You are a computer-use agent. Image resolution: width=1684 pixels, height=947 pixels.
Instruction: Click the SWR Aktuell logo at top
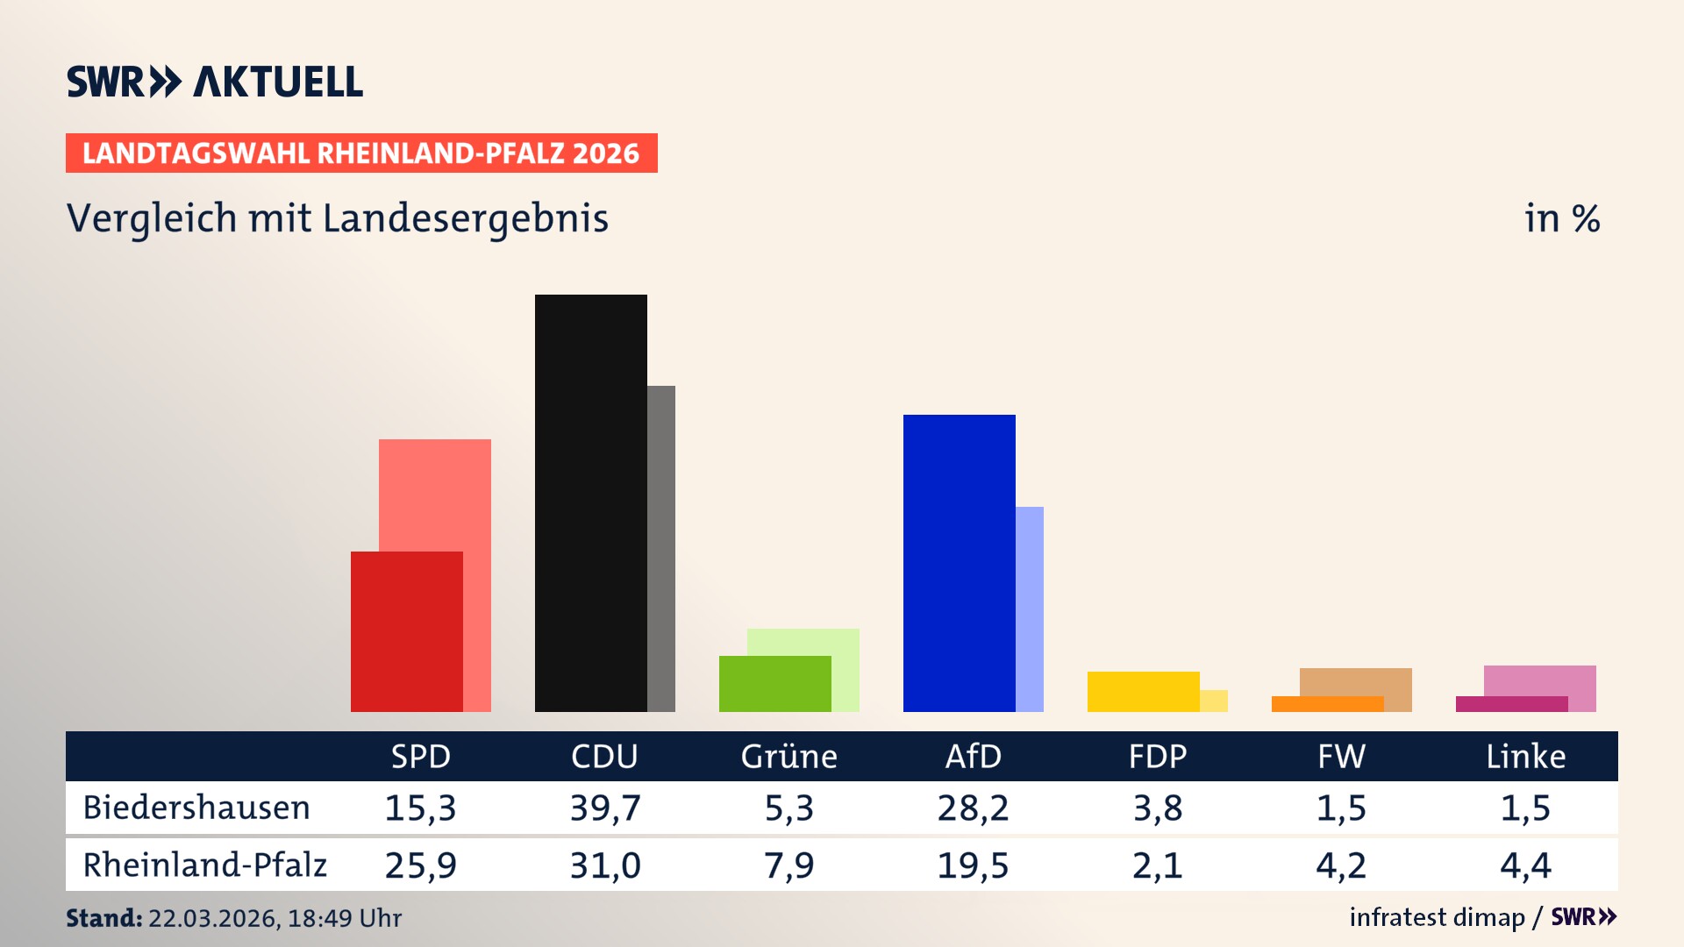tap(214, 82)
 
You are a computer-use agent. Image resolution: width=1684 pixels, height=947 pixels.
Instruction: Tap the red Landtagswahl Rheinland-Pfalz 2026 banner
tap(361, 153)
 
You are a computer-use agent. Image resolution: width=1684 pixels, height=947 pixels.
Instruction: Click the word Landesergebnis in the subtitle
tap(465, 218)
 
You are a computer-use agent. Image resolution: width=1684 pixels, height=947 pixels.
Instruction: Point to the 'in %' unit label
tap(1561, 218)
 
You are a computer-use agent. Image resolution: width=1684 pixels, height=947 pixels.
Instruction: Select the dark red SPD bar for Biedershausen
tap(406, 631)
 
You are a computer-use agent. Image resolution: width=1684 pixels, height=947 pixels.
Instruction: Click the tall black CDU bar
tap(590, 502)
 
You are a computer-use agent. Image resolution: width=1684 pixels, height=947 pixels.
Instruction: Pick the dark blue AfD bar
tap(959, 563)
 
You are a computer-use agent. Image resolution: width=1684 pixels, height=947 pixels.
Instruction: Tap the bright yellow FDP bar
tap(1143, 692)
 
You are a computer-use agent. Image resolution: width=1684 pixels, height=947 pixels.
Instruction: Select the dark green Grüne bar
tap(774, 684)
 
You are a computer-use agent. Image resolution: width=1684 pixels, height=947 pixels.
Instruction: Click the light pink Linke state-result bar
tap(1540, 680)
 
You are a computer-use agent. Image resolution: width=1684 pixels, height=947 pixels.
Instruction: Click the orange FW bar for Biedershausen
tap(1327, 704)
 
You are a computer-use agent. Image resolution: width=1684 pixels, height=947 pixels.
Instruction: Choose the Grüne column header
tap(788, 757)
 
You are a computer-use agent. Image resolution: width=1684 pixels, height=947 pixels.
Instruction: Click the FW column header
tap(1341, 757)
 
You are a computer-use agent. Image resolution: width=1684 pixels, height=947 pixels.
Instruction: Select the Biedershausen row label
tap(196, 808)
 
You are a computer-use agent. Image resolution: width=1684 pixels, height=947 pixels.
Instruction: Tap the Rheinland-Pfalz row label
tap(204, 865)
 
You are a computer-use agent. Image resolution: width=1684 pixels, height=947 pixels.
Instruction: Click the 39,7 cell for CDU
tap(605, 808)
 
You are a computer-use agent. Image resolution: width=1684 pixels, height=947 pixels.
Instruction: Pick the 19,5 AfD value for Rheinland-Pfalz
tap(973, 865)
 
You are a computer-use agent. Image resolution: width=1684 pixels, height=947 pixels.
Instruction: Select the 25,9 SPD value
tap(421, 865)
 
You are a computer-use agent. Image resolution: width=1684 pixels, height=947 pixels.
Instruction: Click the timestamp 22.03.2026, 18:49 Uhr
tap(275, 918)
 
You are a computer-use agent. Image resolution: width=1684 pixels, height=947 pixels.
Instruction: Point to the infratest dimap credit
tap(1437, 917)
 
